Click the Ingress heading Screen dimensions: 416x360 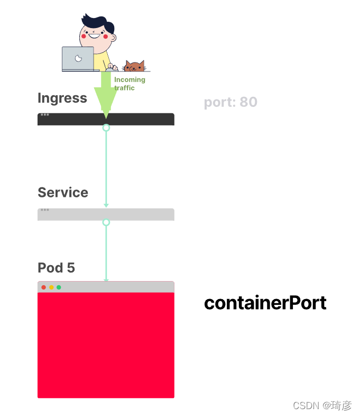click(x=62, y=98)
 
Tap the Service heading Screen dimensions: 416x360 click(x=63, y=193)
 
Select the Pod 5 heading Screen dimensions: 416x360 click(x=56, y=268)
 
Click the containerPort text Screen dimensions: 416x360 click(x=265, y=303)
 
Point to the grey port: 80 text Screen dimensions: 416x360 click(x=230, y=102)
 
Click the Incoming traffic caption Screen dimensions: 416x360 click(x=129, y=84)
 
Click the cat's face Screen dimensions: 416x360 click(x=134, y=67)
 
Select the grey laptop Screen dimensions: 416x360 click(x=78, y=59)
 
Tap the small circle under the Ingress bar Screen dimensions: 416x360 click(x=106, y=128)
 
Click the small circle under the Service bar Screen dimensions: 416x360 click(x=106, y=222)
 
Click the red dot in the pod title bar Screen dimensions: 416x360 click(x=44, y=287)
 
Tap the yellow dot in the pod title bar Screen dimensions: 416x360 click(x=51, y=287)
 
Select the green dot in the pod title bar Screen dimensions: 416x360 click(x=59, y=287)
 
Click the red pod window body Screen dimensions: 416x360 click(x=106, y=344)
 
